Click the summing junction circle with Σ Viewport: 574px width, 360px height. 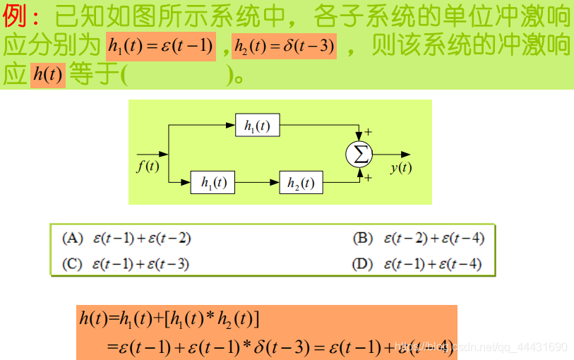click(359, 154)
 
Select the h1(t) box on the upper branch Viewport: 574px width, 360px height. click(257, 126)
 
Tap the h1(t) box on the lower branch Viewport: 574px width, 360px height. click(213, 182)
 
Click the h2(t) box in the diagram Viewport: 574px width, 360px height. click(301, 182)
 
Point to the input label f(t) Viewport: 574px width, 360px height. click(148, 167)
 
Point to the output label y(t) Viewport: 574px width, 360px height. click(400, 167)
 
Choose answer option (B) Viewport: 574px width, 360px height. click(419, 239)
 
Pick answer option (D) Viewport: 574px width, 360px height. click(417, 264)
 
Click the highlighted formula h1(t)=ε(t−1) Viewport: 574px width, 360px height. click(161, 47)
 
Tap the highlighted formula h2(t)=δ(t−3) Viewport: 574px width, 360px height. click(284, 47)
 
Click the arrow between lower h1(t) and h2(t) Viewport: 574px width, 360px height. click(257, 182)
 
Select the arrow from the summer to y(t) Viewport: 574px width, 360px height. click(392, 154)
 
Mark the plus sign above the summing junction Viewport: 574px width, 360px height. click(369, 132)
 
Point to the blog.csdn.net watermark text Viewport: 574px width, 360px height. click(481, 347)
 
